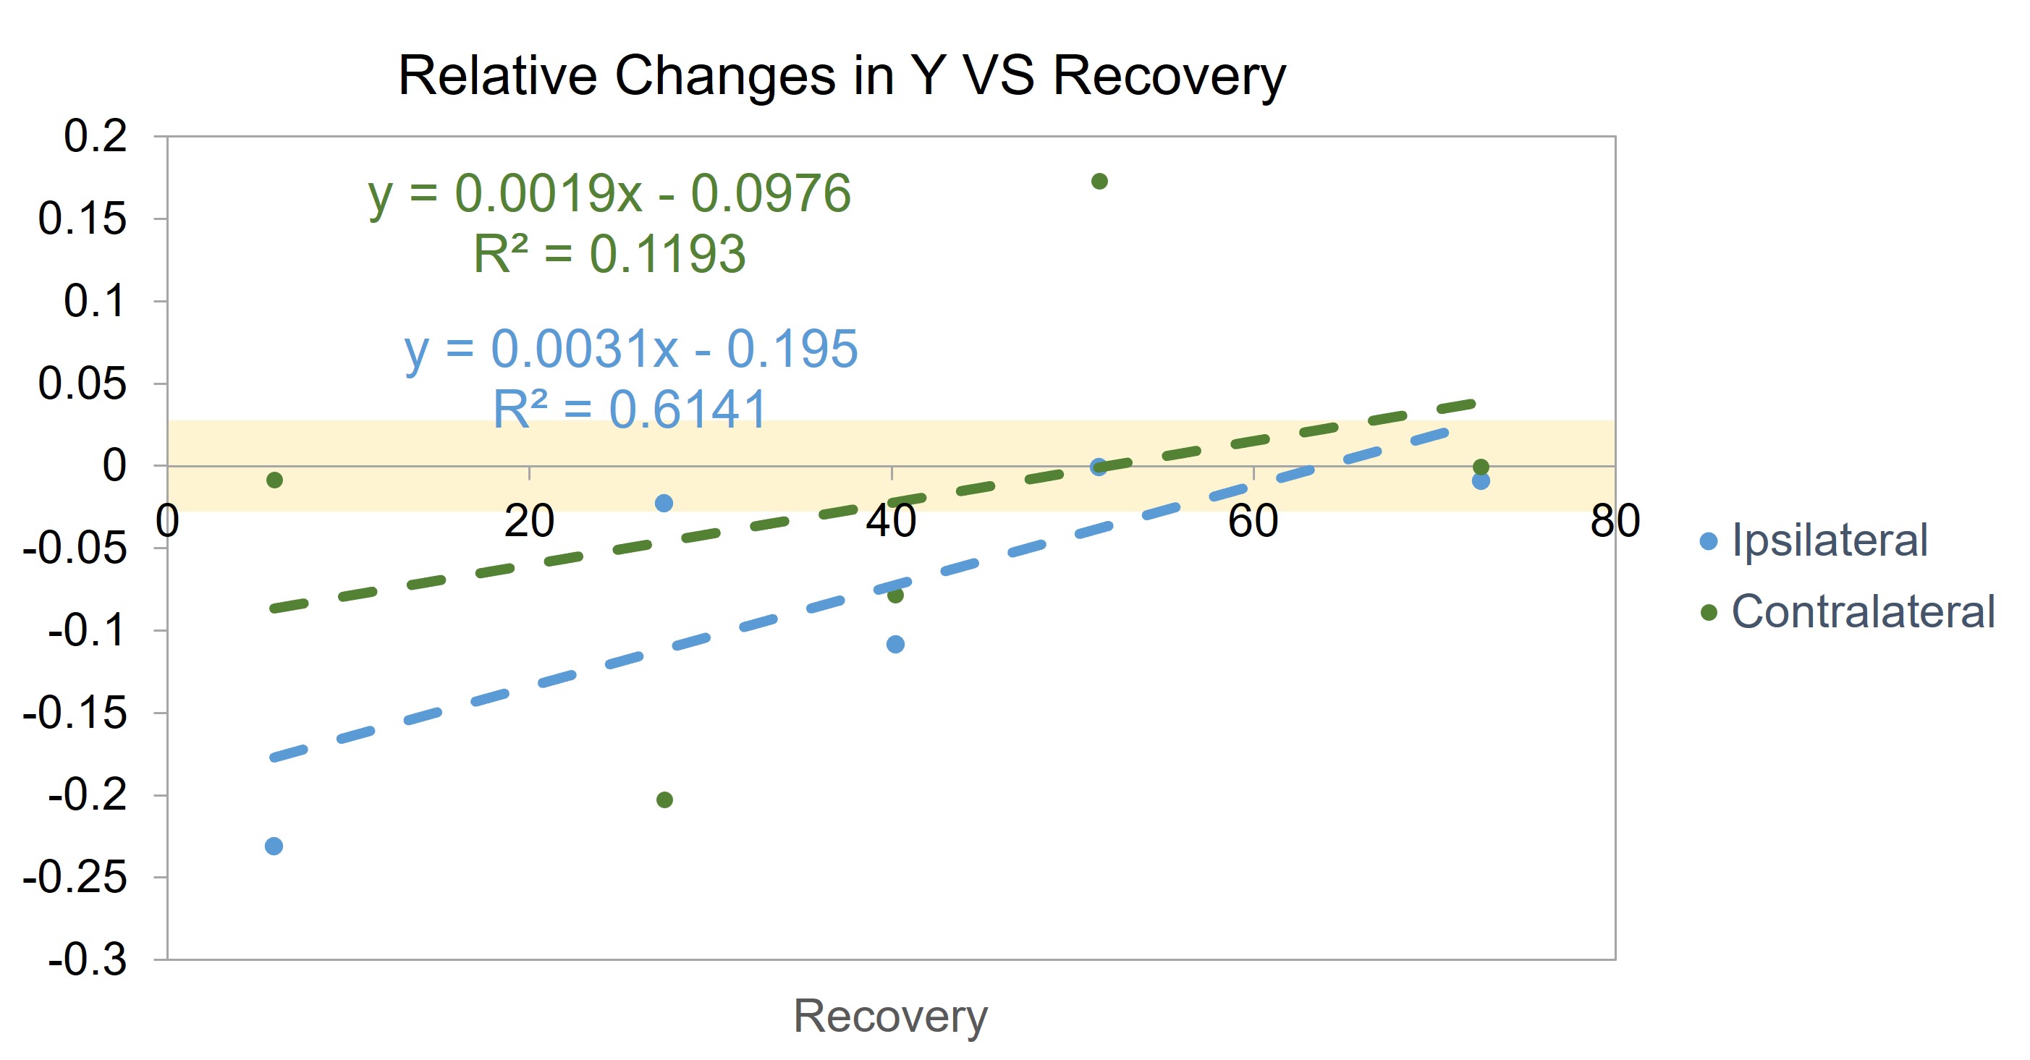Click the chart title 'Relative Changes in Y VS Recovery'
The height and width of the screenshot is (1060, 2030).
842,77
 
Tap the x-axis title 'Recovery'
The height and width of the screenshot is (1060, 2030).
890,1016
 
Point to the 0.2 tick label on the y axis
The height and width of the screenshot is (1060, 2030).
95,136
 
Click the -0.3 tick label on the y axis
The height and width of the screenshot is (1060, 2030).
88,960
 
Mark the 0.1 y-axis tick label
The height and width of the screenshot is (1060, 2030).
95,301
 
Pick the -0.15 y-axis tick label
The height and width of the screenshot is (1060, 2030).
75,713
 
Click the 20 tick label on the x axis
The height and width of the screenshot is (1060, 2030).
529,521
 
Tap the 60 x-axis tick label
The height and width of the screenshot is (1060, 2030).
1253,521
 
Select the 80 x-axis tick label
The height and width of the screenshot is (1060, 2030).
1615,521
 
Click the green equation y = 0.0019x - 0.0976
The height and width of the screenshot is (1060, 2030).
610,195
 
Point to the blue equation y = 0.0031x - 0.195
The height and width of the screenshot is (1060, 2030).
631,350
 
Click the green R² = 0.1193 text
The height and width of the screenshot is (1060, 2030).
610,254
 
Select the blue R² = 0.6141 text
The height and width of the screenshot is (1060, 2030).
630,409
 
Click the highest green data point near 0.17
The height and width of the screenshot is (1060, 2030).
1099,182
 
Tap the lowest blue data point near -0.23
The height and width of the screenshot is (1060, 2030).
274,847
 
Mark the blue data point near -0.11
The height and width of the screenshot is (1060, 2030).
895,645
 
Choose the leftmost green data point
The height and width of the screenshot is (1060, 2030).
274,480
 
